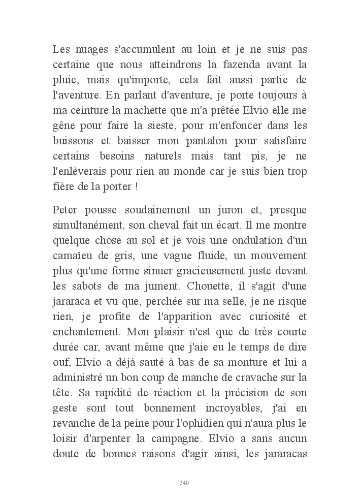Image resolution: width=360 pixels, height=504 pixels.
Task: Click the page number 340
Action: coord(184,482)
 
